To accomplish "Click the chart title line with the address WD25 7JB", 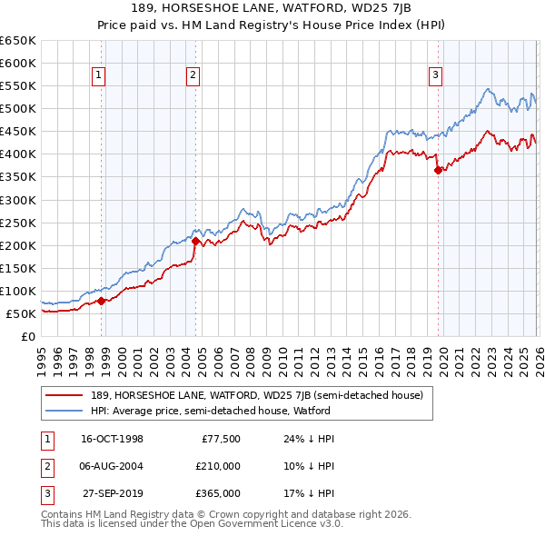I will [x=272, y=8].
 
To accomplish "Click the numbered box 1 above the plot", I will [x=98, y=75].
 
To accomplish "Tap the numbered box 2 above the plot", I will [x=193, y=75].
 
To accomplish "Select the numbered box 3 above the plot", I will [x=436, y=75].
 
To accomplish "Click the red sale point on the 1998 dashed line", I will [x=101, y=301].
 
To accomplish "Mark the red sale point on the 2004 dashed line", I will [x=194, y=241].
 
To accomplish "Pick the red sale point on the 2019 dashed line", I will [x=438, y=170].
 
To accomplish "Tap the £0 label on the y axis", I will [x=27, y=337].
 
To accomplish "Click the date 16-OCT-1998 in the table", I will [x=112, y=439].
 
